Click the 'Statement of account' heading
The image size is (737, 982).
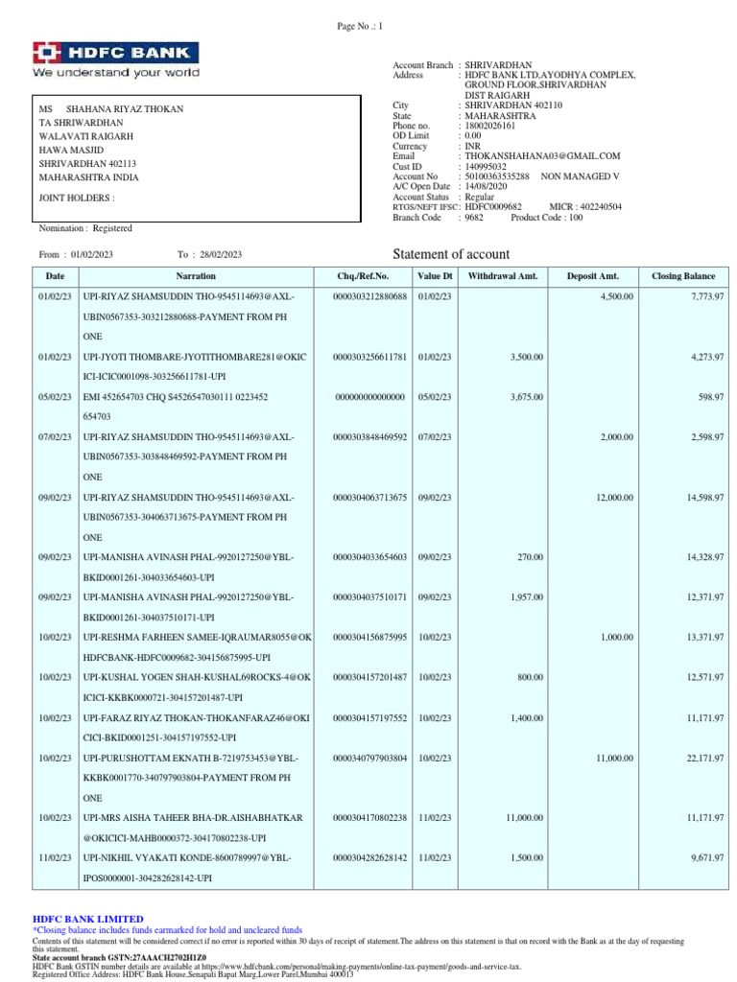[x=452, y=254]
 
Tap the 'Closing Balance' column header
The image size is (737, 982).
[x=682, y=276]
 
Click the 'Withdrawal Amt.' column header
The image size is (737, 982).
[x=503, y=276]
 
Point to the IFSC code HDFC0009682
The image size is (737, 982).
[x=493, y=206]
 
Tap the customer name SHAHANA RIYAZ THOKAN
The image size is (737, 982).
[x=124, y=109]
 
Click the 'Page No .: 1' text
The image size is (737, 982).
[x=359, y=27]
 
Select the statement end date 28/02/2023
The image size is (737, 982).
[x=221, y=254]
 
